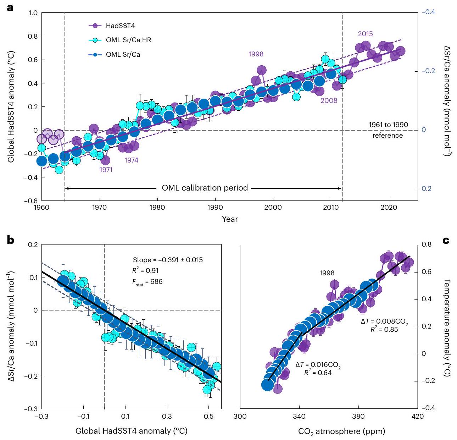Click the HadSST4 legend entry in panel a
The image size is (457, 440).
click(x=120, y=26)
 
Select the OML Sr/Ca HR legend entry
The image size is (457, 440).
click(x=128, y=40)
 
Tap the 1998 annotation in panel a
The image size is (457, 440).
click(x=256, y=54)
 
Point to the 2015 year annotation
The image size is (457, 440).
click(x=365, y=34)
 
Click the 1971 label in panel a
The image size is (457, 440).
click(x=106, y=170)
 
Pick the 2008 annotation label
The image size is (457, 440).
click(x=329, y=101)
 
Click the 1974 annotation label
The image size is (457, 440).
click(x=131, y=160)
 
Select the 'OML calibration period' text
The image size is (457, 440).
click(x=205, y=188)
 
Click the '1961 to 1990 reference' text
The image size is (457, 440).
click(x=388, y=130)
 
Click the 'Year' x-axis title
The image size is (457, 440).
click(x=230, y=219)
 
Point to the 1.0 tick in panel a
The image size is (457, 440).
click(x=33, y=13)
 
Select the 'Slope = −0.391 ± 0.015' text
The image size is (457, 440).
click(x=168, y=260)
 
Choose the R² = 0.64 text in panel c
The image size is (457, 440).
click(x=318, y=373)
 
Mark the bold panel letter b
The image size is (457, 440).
click(x=11, y=241)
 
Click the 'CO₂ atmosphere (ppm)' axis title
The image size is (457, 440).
click(x=341, y=431)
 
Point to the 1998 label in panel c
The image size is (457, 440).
click(x=327, y=273)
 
